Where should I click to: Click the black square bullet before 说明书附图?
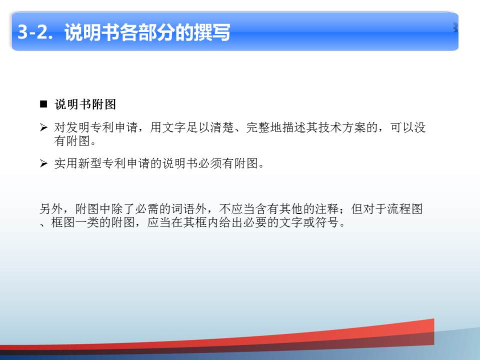(x=43, y=104)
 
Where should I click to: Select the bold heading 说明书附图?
(x=85, y=104)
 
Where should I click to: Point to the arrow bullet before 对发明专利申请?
(x=43, y=127)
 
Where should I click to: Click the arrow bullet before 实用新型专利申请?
(x=43, y=163)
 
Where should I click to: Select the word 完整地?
(x=264, y=127)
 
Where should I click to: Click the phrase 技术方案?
(x=342, y=127)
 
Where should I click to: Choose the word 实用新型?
(x=78, y=163)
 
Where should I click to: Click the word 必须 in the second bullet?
(x=210, y=163)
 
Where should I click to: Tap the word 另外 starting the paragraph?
(x=51, y=209)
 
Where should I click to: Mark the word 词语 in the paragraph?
(x=183, y=209)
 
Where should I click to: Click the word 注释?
(x=327, y=209)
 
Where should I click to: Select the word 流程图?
(x=405, y=209)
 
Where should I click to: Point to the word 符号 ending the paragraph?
(x=326, y=222)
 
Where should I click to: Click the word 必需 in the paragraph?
(x=147, y=209)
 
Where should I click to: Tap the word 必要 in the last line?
(x=255, y=222)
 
